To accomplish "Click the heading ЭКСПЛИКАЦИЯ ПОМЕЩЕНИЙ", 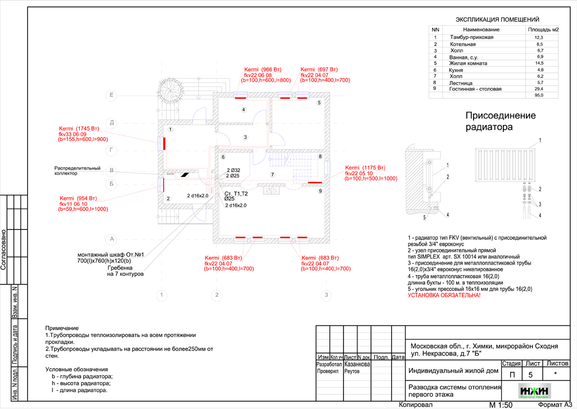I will click(x=497, y=20).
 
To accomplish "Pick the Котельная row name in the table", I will click(x=463, y=44).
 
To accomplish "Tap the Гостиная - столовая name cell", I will click(x=475, y=89).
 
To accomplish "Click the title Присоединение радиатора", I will click(x=500, y=121).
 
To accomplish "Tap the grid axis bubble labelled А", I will click(x=112, y=239).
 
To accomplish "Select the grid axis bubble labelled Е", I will click(x=112, y=94).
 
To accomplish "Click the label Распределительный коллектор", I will click(x=77, y=171).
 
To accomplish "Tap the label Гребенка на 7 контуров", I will click(x=125, y=271).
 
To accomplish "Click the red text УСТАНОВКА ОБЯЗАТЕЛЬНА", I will click(x=443, y=295).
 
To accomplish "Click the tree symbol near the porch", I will click(x=170, y=90).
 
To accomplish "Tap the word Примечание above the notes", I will click(x=62, y=328).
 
